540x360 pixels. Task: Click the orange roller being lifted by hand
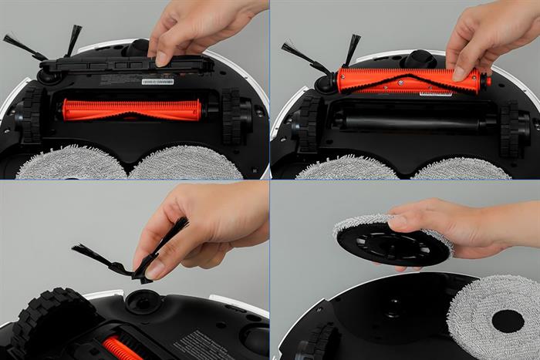pyautogui.click(x=409, y=79)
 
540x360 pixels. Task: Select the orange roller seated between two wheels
pyautogui.click(x=131, y=109)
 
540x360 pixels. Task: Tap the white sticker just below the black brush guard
pyautogui.click(x=157, y=81)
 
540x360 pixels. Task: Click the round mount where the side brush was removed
pyautogui.click(x=142, y=300)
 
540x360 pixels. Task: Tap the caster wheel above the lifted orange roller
pyautogui.click(x=420, y=58)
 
